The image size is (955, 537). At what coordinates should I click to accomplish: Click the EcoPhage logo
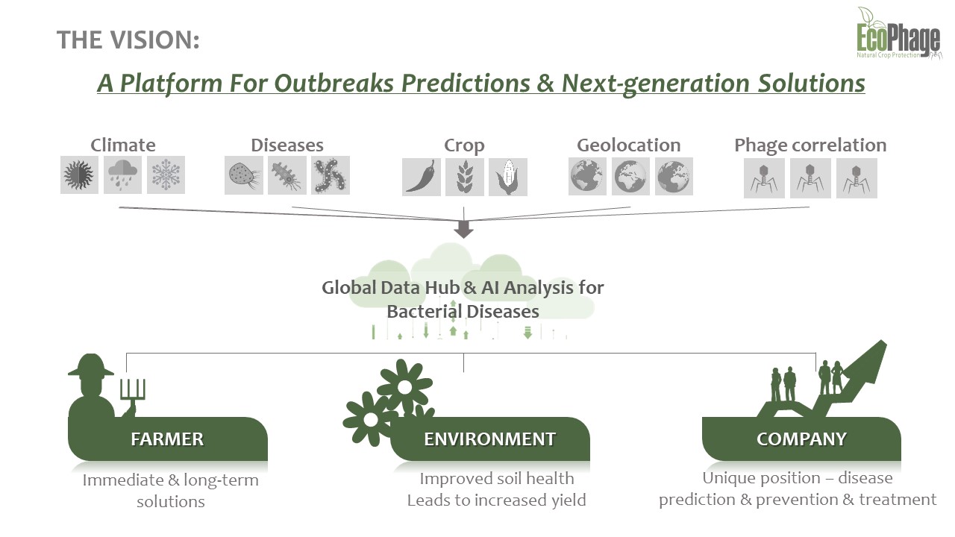pos(899,34)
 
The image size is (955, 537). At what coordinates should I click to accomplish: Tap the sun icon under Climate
pos(79,175)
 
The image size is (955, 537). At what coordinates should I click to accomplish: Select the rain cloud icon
pos(123,175)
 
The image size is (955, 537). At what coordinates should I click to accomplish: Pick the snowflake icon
pos(166,175)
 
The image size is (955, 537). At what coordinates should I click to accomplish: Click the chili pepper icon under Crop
pos(422,177)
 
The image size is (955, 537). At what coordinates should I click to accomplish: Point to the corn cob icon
pos(508,177)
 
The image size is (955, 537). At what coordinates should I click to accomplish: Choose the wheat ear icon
pos(465,177)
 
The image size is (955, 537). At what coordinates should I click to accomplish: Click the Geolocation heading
pos(628,145)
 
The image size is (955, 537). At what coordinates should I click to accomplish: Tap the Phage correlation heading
pos(810,145)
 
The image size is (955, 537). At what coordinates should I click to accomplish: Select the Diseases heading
pos(287,145)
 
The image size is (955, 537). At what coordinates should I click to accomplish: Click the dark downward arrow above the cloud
pos(463,229)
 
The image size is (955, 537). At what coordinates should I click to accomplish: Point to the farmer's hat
pos(91,365)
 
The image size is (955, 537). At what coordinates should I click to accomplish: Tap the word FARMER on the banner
pos(167,439)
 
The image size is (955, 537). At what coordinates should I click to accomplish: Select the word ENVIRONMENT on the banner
pos(489,439)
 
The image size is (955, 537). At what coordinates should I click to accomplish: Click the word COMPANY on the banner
pos(801,439)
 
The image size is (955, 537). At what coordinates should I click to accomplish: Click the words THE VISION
pos(128,40)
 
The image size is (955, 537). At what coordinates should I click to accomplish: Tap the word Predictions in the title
pos(465,83)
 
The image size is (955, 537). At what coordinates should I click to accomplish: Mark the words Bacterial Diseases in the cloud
pos(463,312)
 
